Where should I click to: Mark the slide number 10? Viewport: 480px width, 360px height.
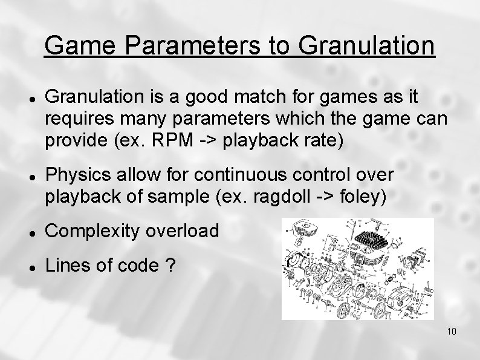coord(452,332)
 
